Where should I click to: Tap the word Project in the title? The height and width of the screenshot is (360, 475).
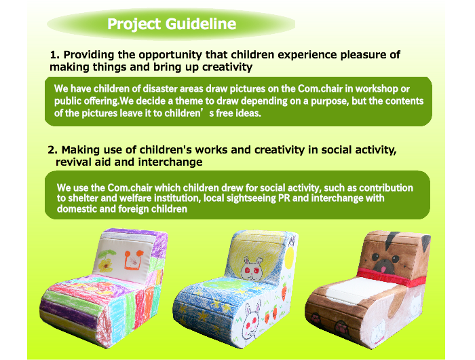134,24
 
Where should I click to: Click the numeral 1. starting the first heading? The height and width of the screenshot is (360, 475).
55,55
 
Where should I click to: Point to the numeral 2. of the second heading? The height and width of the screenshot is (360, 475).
53,150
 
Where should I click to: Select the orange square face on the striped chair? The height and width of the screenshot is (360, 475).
133,260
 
